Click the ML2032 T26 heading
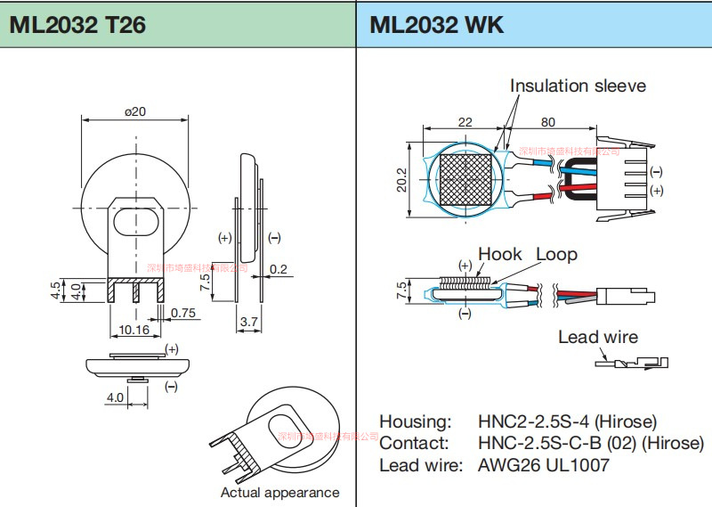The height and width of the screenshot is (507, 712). [77, 24]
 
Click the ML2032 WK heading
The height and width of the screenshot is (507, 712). [437, 24]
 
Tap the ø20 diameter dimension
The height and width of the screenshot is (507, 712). [135, 111]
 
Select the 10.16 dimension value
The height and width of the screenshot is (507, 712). [133, 330]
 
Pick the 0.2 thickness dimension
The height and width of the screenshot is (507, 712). [278, 269]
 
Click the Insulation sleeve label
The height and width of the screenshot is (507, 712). [578, 86]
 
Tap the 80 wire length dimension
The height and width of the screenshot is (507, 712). [548, 122]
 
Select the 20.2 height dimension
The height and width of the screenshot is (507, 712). [401, 180]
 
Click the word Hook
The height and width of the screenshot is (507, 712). [500, 255]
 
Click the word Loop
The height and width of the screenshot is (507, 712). [556, 255]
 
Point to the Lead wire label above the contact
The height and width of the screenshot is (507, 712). [598, 337]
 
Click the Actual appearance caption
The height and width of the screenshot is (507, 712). [279, 493]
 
